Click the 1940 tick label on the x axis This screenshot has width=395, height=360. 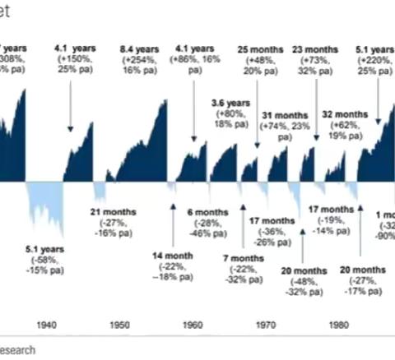coord(47,325)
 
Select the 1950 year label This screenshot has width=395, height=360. coord(119,325)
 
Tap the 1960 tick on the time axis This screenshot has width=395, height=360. coord(193,325)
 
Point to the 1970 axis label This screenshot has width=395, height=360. coord(266,325)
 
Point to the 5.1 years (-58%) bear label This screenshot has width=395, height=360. coord(43,256)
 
